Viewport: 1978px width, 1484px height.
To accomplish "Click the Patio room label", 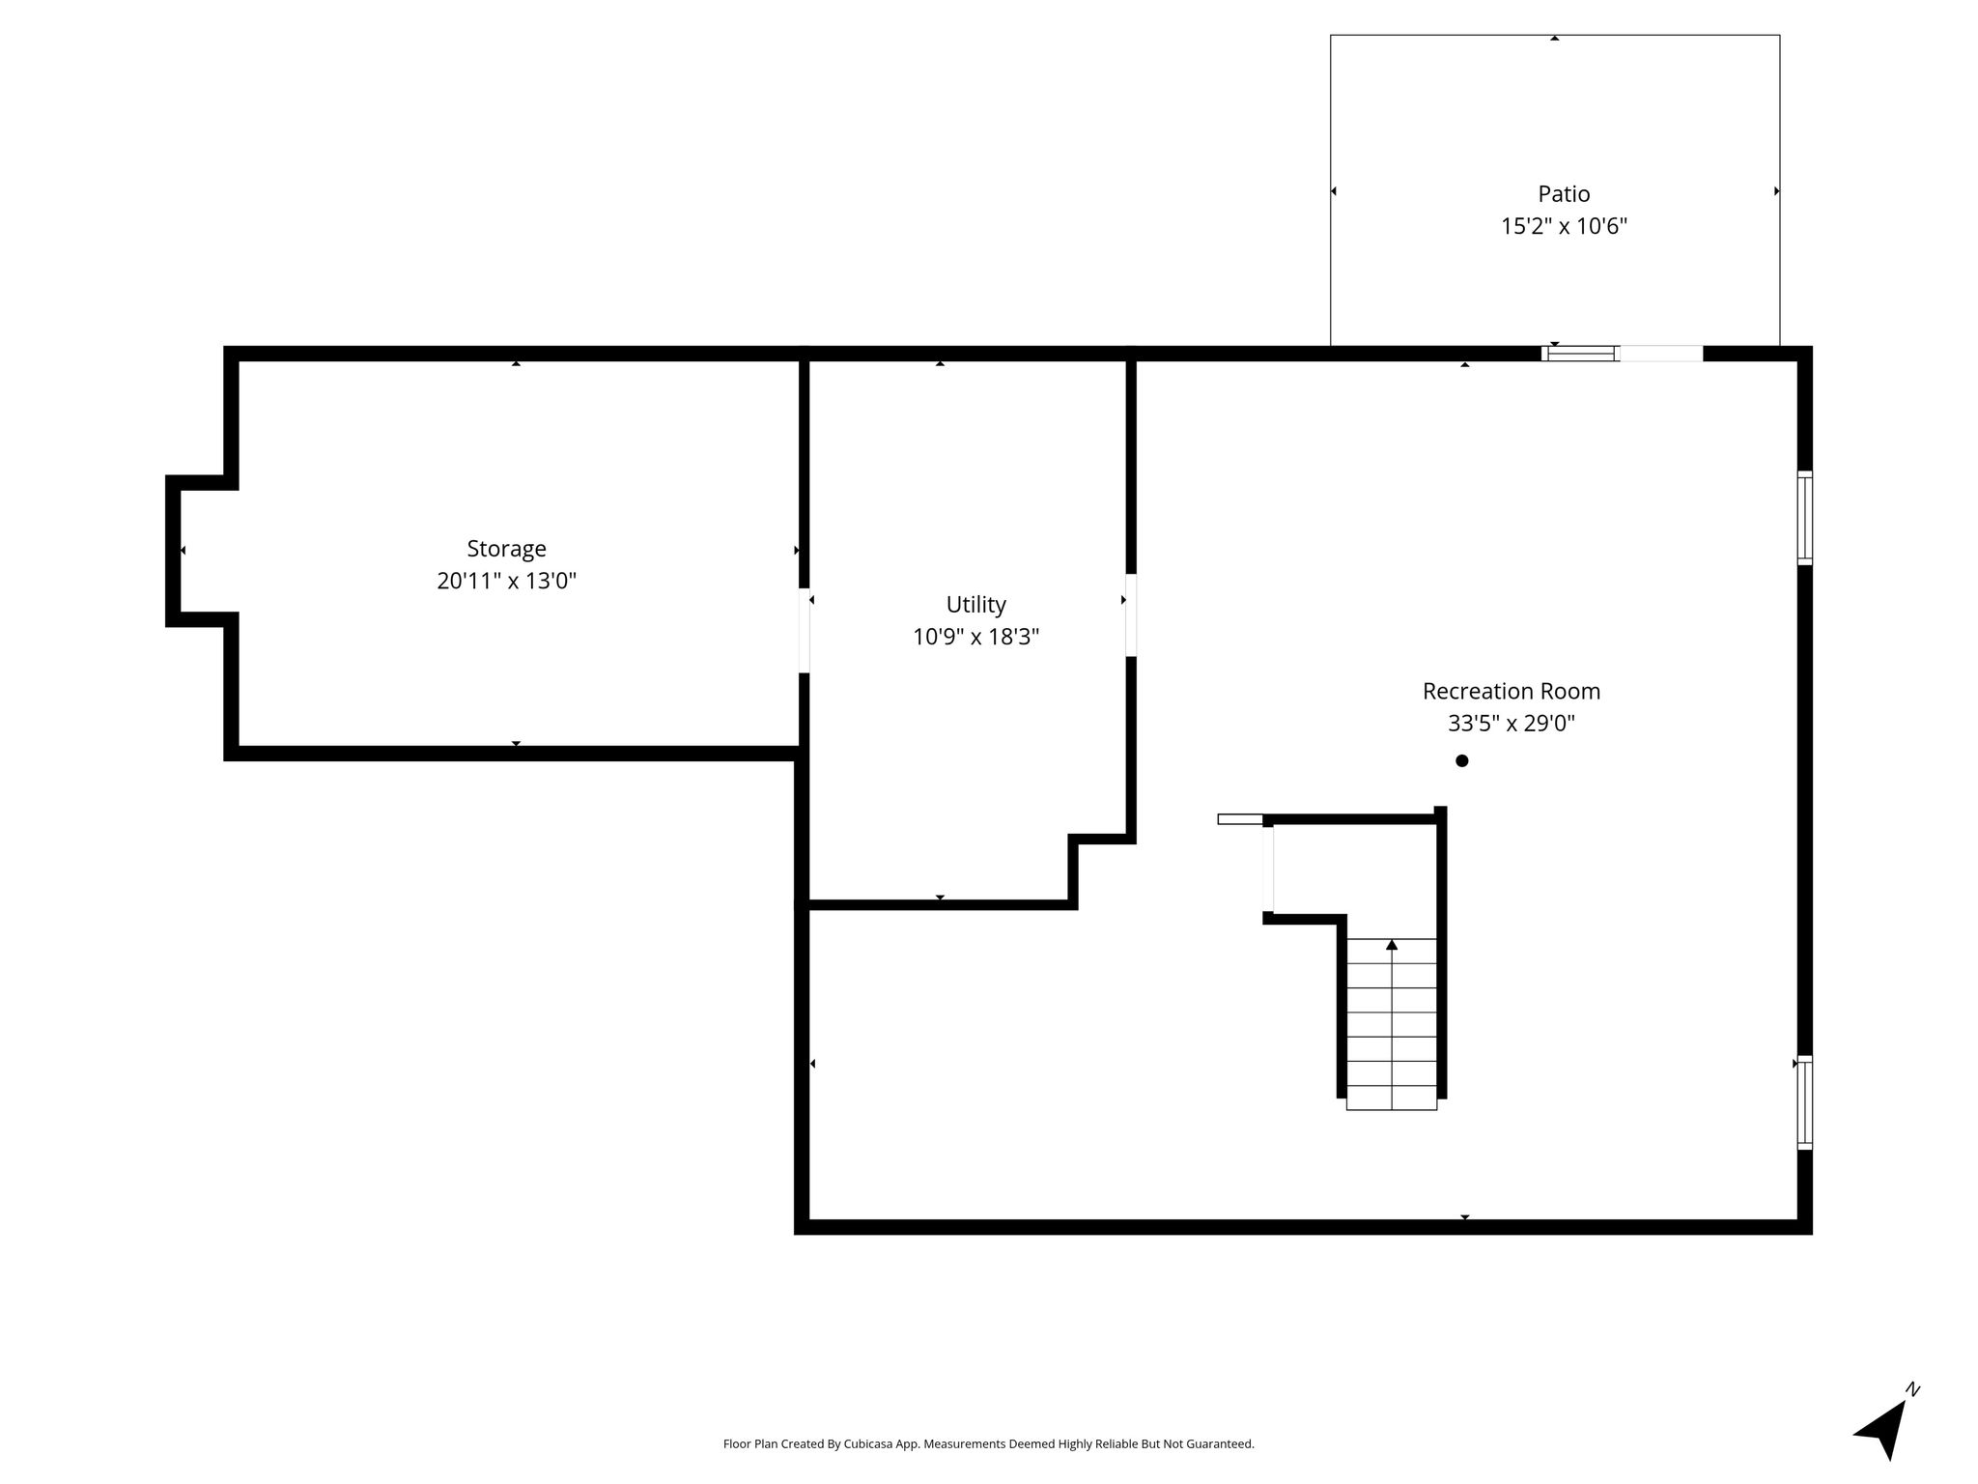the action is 1564,193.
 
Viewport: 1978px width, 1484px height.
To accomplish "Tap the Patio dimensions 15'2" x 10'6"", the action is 1564,226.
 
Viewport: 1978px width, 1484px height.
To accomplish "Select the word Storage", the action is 506,549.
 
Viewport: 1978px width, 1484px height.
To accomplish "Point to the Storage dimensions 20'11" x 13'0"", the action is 506,581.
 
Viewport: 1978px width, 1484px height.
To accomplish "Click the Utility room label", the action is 975,605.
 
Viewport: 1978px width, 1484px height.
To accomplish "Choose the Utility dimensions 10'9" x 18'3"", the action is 975,637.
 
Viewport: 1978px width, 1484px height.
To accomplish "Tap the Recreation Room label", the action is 1511,691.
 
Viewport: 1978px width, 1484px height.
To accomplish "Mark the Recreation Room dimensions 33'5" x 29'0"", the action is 1511,724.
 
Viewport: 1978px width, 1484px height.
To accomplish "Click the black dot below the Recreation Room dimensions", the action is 1461,760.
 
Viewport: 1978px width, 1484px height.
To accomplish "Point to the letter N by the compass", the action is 1912,1390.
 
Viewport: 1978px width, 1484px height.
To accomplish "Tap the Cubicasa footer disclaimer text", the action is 988,1443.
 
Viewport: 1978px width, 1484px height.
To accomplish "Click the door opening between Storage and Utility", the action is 804,630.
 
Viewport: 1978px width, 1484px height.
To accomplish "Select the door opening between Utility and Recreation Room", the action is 1130,615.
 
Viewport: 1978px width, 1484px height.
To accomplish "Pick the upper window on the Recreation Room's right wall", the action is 1804,517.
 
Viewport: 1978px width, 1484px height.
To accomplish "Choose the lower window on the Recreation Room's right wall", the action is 1804,1102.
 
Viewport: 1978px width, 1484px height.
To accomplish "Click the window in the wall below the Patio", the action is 1581,354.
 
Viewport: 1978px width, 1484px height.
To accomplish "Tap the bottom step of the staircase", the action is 1392,1098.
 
